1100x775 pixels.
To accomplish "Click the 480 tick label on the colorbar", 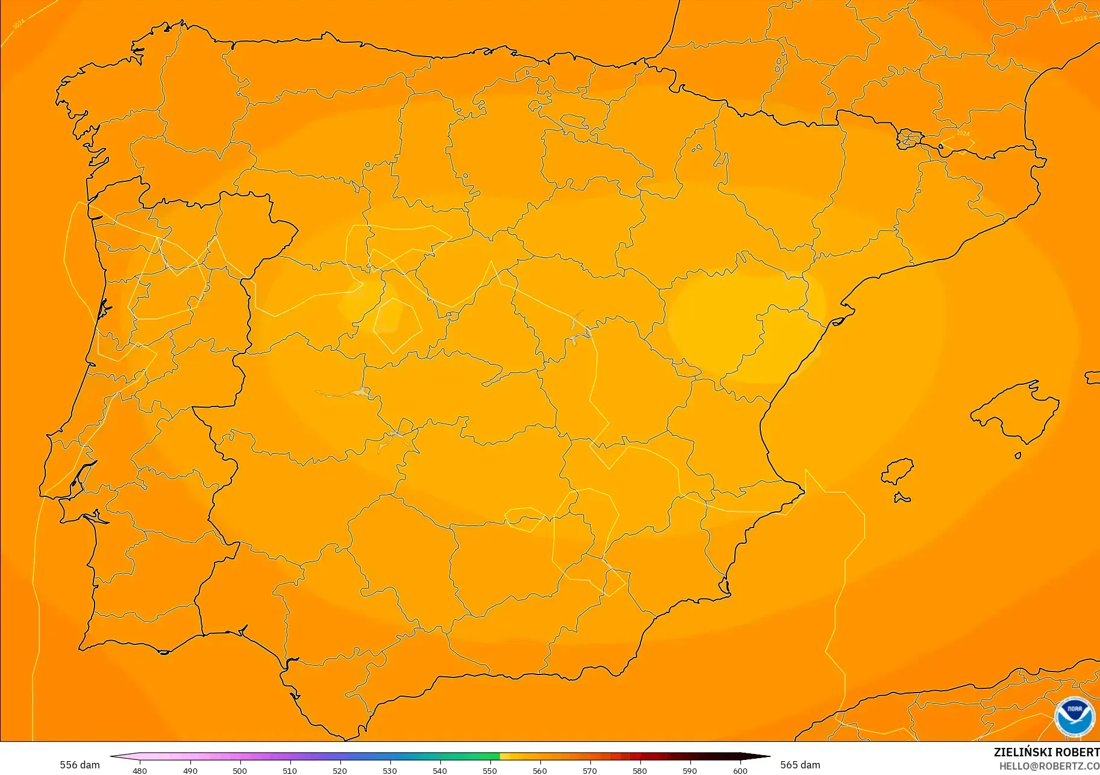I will [x=140, y=770].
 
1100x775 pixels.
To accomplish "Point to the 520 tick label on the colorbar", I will [x=340, y=770].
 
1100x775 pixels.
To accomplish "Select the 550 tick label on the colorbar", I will [x=490, y=770].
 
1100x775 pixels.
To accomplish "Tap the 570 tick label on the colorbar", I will [x=590, y=770].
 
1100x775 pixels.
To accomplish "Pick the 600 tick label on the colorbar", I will [x=740, y=770].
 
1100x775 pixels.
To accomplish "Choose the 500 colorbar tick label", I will [x=240, y=770].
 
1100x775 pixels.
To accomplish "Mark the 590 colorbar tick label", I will [x=690, y=770].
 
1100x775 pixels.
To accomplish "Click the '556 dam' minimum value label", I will [x=80, y=765].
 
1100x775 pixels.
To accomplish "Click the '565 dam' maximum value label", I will [x=800, y=765].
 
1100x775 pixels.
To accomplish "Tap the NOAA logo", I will [x=1074, y=717].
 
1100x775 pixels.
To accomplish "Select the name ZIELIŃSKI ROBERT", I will [x=1046, y=752].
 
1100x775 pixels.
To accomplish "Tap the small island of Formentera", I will [x=902, y=497].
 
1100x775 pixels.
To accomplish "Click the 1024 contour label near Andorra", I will [x=963, y=133].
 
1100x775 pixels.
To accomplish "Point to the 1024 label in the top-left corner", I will [x=19, y=23].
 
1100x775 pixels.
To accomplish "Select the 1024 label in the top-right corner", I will [x=1080, y=19].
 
